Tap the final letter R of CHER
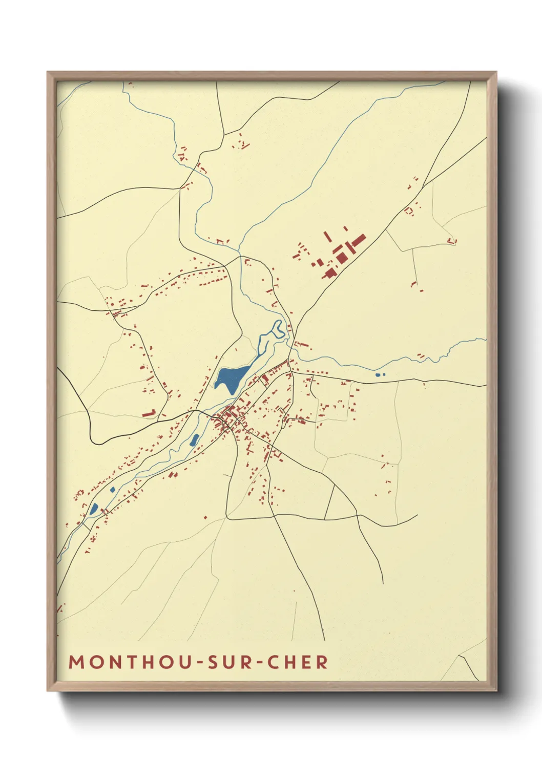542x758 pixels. point(322,662)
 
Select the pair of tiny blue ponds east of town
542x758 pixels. point(380,375)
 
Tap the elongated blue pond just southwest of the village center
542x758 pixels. point(194,439)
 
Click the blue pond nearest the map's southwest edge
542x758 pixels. point(94,509)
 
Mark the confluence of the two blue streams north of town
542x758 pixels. point(240,252)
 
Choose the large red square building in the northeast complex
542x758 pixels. point(340,257)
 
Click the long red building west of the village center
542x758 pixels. point(149,413)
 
